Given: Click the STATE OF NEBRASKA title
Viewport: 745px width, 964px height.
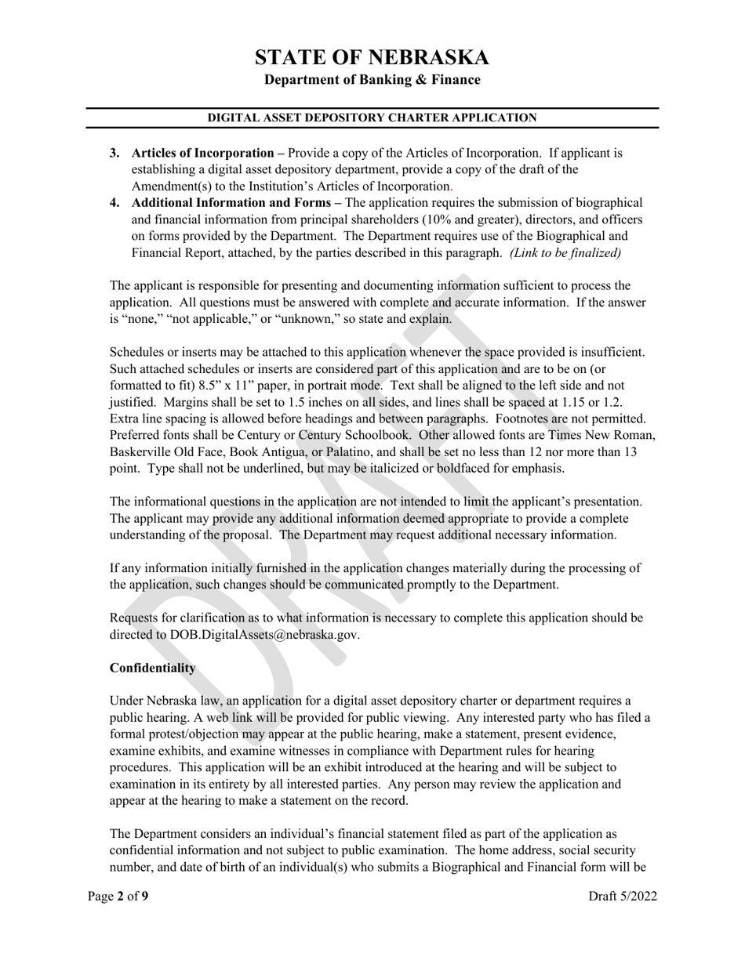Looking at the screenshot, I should pyautogui.click(x=372, y=57).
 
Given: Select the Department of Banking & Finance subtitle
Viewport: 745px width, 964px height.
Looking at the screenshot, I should pyautogui.click(x=372, y=80).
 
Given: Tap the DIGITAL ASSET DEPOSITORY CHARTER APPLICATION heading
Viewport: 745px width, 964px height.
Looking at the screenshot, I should pyautogui.click(x=372, y=118).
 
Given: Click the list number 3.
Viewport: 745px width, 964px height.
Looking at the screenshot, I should pyautogui.click(x=114, y=153).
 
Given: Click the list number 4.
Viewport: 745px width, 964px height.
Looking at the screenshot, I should pyautogui.click(x=114, y=203).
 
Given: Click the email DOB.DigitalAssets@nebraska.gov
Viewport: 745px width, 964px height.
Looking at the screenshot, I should pyautogui.click(x=264, y=635).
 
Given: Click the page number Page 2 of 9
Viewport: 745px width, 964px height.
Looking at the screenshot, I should pyautogui.click(x=117, y=897).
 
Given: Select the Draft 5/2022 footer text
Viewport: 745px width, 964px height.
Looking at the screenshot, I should pyautogui.click(x=623, y=897).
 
